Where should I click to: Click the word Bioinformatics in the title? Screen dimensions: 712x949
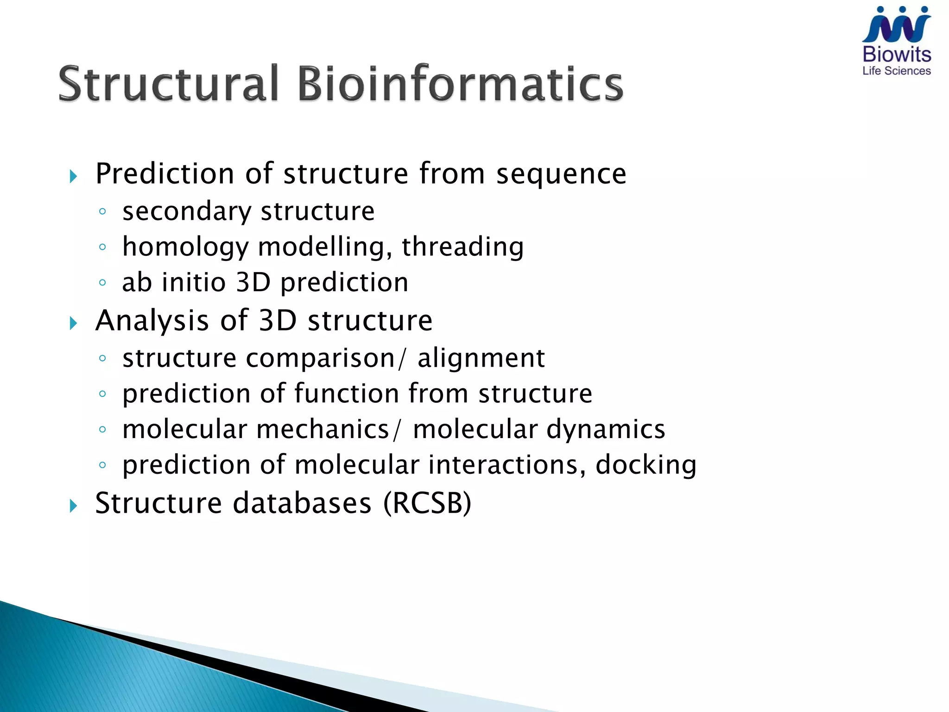point(460,84)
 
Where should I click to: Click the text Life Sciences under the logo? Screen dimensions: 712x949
point(896,71)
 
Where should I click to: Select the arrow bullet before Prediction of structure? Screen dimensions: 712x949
point(73,176)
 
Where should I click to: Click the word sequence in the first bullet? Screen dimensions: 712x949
point(561,174)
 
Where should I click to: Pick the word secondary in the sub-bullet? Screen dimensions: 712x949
point(186,212)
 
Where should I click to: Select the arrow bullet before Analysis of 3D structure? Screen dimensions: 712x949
point(73,323)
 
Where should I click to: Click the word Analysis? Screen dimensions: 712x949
point(152,321)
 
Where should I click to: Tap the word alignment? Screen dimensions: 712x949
point(481,358)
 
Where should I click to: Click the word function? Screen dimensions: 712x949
point(347,394)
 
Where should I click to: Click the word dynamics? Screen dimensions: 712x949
point(606,430)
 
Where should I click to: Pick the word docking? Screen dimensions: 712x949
point(645,465)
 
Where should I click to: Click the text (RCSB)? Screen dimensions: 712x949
point(427,503)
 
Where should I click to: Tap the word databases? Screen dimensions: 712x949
point(302,503)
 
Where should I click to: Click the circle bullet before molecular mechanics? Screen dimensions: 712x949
point(103,429)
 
